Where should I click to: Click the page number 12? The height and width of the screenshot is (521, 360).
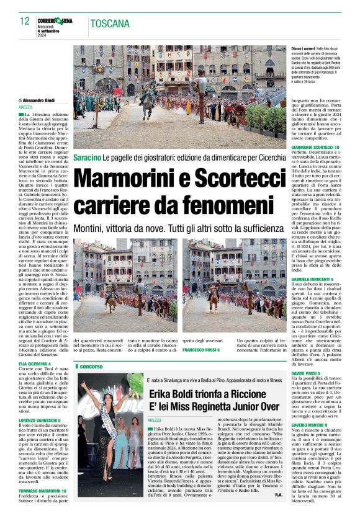(x=25, y=21)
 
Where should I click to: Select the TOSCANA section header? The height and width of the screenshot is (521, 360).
(x=109, y=24)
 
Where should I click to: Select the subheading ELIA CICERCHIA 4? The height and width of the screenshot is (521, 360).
(x=35, y=363)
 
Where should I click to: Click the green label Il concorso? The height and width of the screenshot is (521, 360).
(x=89, y=367)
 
